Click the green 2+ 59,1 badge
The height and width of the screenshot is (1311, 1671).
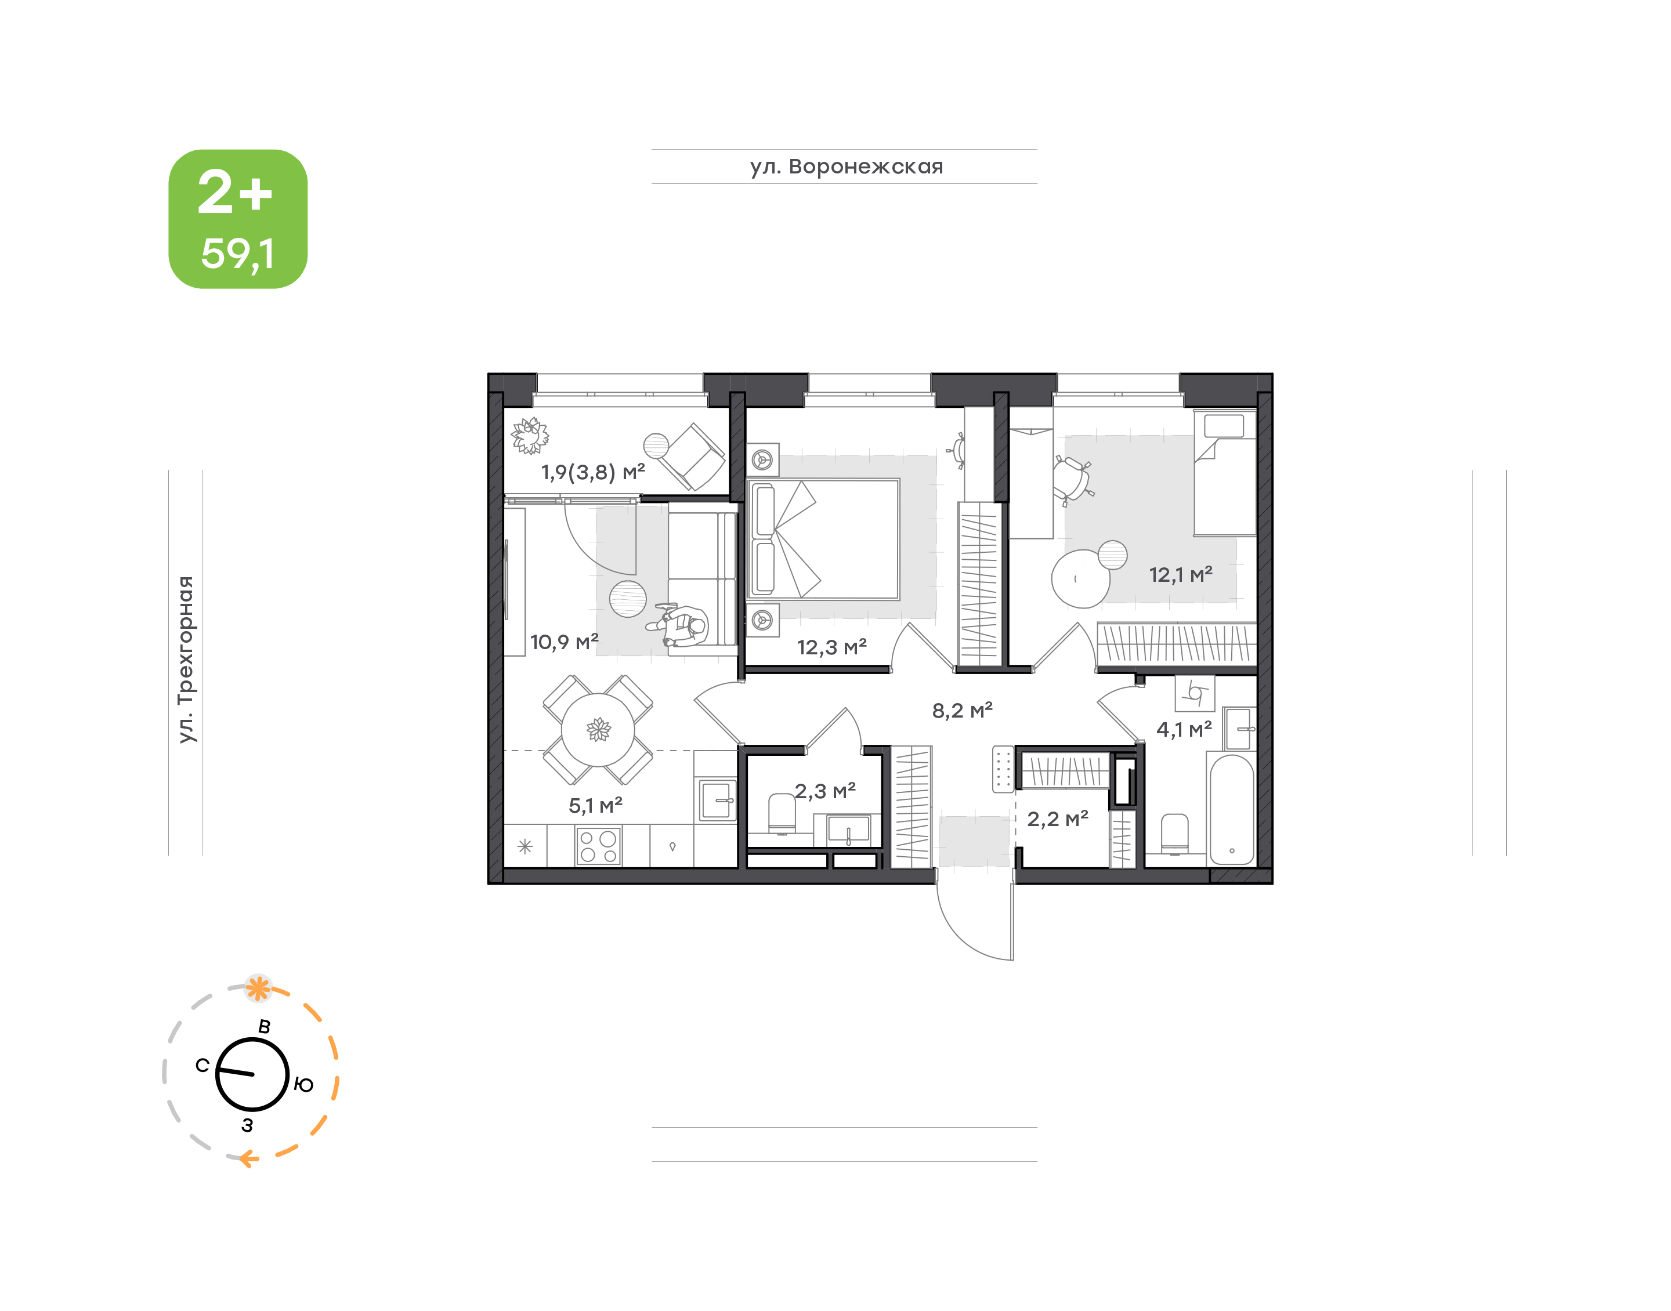point(238,219)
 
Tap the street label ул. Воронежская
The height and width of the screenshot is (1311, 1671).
point(847,166)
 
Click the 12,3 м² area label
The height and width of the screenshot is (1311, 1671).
point(832,647)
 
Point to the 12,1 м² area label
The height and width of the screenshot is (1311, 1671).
point(1181,574)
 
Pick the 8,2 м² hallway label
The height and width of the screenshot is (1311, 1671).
point(963,710)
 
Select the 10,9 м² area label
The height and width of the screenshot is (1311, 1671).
point(564,642)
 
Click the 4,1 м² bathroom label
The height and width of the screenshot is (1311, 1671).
point(1184,729)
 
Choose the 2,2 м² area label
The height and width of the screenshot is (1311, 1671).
point(1058,819)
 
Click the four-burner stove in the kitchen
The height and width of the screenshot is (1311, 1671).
point(599,846)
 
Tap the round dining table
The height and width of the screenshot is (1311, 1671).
point(598,729)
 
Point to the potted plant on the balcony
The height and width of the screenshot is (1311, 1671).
point(530,436)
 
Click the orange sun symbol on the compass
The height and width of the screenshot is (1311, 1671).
point(258,988)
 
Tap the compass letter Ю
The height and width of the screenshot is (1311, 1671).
point(304,1085)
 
